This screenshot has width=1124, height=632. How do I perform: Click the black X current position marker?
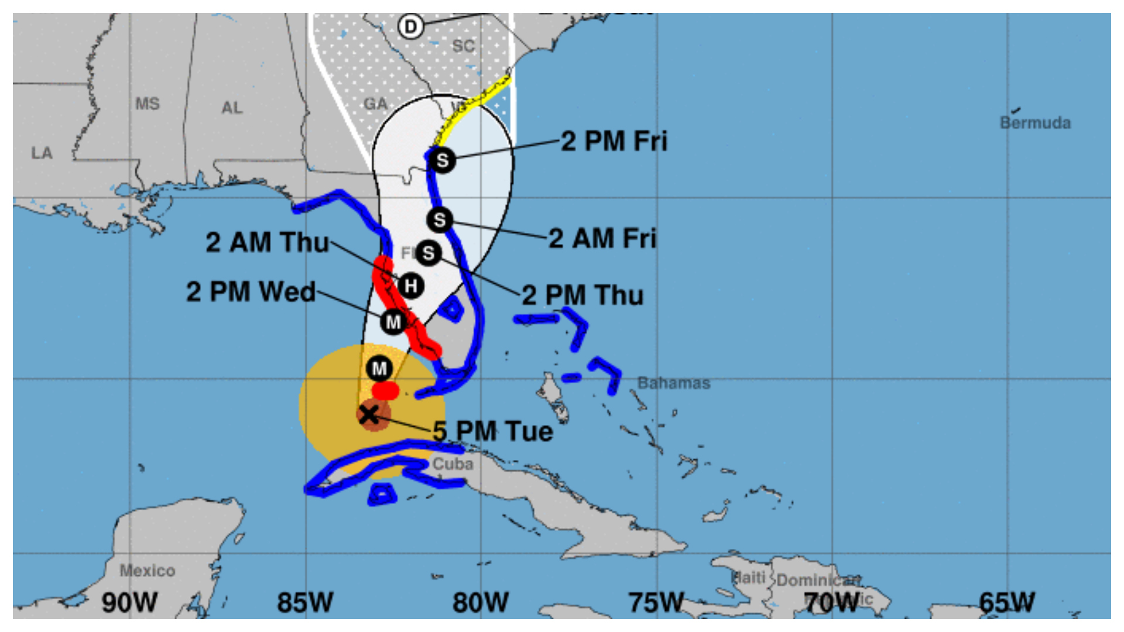pos(369,414)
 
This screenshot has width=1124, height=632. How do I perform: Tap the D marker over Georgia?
pos(411,26)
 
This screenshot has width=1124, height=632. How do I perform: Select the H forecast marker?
pos(411,286)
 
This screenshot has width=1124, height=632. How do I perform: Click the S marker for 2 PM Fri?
pos(442,160)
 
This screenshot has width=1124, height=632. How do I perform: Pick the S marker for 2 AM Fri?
pos(440,220)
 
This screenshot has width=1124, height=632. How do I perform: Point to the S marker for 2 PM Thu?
pos(429,253)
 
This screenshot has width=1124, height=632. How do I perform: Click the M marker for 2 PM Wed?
pos(393,322)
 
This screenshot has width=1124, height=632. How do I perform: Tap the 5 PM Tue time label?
pos(493,432)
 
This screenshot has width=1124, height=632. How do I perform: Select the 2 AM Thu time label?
pos(267,242)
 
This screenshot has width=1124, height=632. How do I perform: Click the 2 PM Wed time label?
pos(251,292)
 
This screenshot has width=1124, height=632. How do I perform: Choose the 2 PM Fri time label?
pos(614,141)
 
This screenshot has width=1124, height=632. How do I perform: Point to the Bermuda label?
pos(1035,123)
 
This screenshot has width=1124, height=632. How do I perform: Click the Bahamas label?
pos(674,383)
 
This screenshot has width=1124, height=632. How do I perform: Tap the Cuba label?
pos(453,464)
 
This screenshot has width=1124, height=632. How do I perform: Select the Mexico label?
pos(148,571)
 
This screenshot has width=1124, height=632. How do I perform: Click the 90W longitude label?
pos(129,603)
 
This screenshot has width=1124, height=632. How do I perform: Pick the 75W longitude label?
pos(656,603)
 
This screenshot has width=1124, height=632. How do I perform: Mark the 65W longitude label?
pos(1006,603)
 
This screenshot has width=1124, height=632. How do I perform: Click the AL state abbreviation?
pos(232,108)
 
